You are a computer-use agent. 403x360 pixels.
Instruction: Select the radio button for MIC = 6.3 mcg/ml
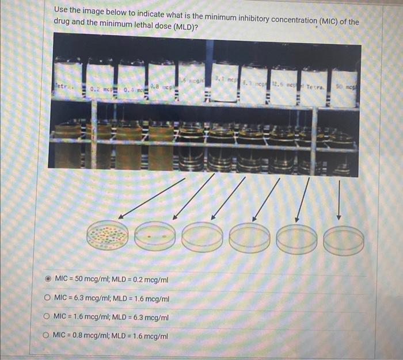pyautogui.click(x=47, y=299)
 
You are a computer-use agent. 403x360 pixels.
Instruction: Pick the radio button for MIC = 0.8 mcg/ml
pyautogui.click(x=47, y=335)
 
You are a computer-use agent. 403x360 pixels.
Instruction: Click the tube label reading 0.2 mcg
pyautogui.click(x=101, y=90)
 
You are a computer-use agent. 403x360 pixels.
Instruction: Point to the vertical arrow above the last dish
pyautogui.click(x=339, y=198)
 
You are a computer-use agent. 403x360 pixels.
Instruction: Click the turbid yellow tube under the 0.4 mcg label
pyautogui.click(x=129, y=147)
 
